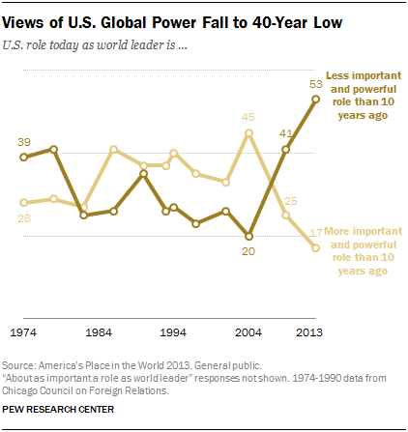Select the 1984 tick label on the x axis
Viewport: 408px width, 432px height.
[x=98, y=331]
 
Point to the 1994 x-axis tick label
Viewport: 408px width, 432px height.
[x=173, y=331]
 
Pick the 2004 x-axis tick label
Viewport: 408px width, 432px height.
[x=248, y=331]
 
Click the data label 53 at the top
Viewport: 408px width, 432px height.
[x=316, y=83]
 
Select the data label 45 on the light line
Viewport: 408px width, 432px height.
[x=248, y=118]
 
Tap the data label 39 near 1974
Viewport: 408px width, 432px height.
[x=25, y=142]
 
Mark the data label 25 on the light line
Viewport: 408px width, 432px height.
[x=290, y=200]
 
